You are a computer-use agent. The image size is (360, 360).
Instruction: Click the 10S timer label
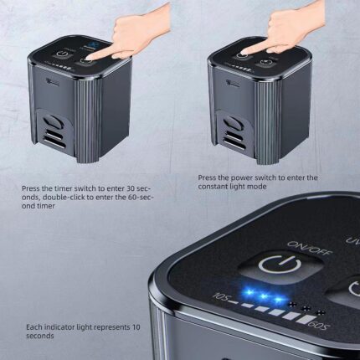click(x=222, y=296)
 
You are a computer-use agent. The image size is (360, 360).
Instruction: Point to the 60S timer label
click(x=317, y=325)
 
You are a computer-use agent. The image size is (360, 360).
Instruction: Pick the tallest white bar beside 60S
click(x=299, y=320)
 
